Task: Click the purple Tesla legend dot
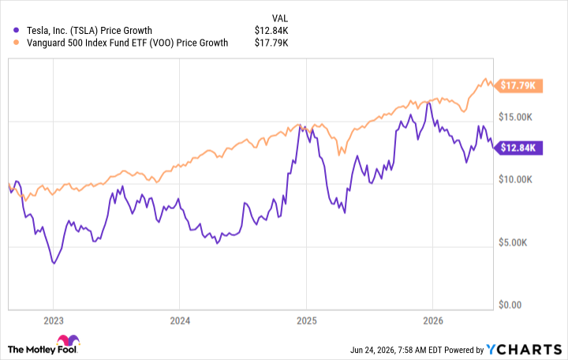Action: [16, 31]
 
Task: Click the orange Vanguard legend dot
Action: [16, 43]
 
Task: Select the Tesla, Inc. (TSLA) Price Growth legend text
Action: [89, 31]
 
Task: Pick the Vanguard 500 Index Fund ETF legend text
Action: [128, 43]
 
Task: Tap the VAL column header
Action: [279, 18]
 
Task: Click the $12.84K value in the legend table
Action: [271, 31]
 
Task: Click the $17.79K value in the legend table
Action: [271, 43]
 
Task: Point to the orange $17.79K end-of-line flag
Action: [518, 85]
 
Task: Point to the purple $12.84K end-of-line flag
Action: [518, 148]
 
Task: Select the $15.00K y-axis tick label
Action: [515, 117]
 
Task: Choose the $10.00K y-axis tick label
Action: [515, 179]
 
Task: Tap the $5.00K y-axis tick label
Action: [513, 242]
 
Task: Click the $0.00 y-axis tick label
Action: [510, 305]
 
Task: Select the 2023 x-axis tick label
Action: [54, 321]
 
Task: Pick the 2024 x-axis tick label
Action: [180, 321]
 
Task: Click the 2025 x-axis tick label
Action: [306, 321]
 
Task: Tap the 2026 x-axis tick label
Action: [433, 321]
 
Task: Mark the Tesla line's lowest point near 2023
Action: [54, 263]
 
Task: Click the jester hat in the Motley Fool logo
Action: [68, 340]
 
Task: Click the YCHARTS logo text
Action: [524, 350]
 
